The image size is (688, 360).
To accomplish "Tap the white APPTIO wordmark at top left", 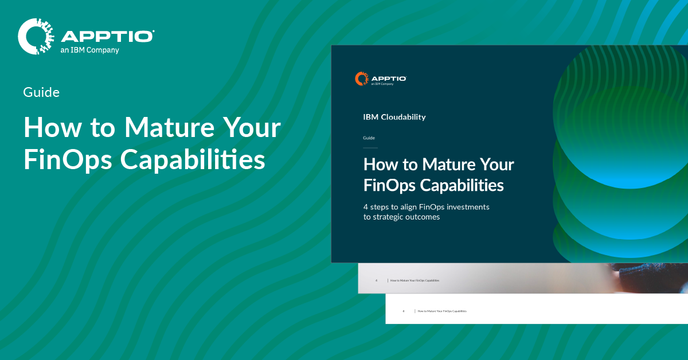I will point(107,36).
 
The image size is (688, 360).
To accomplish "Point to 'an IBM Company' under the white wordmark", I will point(90,50).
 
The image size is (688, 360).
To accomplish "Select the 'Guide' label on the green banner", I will point(41,92).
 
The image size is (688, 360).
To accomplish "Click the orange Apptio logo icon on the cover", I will point(361,79).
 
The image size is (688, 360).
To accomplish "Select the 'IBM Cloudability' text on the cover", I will point(394,117).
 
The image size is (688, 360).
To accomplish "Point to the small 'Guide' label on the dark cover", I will point(369,138).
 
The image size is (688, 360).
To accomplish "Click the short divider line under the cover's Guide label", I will point(370,148).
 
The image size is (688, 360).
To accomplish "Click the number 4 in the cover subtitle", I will point(366,206).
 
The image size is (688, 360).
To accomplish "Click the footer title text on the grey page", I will point(415,281).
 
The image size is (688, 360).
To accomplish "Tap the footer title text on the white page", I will point(442,311).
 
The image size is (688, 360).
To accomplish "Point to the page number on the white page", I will point(403,311).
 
